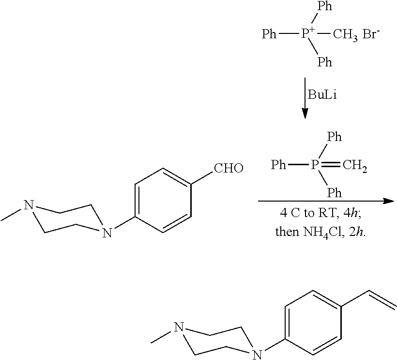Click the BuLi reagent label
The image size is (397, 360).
[322, 95]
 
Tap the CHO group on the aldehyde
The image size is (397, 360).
[229, 168]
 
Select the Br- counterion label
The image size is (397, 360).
[371, 34]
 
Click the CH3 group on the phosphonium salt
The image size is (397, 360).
[345, 34]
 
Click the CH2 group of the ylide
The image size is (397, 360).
[355, 165]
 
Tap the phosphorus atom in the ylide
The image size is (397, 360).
[314, 165]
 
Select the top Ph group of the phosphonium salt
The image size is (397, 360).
[325, 6]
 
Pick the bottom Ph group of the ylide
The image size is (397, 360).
[335, 193]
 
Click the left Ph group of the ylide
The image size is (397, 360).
[278, 165]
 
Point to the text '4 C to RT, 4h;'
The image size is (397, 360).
[321, 213]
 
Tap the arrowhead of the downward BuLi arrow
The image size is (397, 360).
[305, 113]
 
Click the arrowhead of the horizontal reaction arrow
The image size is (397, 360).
[389, 201]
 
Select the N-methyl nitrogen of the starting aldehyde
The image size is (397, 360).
[29, 205]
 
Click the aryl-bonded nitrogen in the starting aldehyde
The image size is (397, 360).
[107, 233]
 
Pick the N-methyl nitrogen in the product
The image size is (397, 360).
[179, 328]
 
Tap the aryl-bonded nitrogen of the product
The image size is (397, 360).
[257, 355]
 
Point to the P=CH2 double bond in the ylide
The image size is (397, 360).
[330, 165]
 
